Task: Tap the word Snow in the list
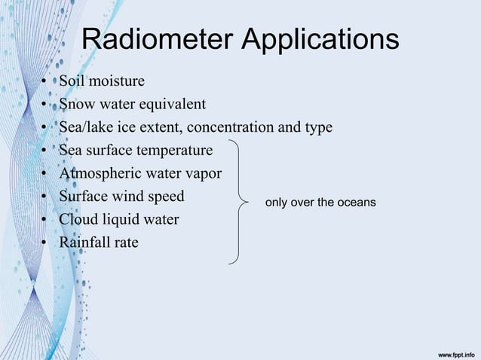click(x=77, y=104)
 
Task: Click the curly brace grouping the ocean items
click(x=240, y=202)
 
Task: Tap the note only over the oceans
click(x=320, y=203)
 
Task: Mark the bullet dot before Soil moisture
click(x=46, y=81)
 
